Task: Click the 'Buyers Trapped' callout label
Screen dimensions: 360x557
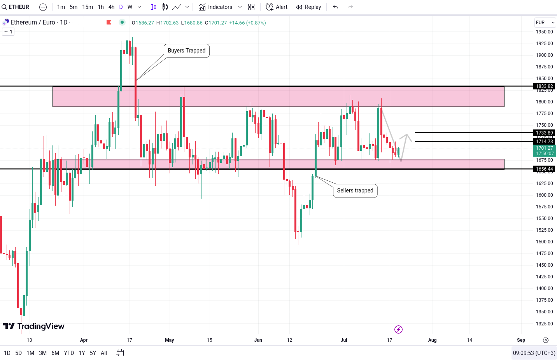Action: pos(187,51)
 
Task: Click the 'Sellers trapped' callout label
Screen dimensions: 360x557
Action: pos(355,190)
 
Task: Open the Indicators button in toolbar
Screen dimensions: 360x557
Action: pos(215,7)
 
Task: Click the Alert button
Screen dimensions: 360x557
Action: pos(277,7)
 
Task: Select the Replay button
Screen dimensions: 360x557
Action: pos(308,7)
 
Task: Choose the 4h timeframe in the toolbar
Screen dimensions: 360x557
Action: pos(111,7)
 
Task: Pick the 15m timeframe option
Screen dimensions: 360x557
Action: pos(88,7)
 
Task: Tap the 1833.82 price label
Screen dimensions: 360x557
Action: pos(544,86)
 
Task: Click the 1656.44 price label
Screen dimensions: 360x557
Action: pos(544,169)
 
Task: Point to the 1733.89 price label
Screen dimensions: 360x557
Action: pos(544,133)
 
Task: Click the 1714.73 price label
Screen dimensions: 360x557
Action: pos(544,142)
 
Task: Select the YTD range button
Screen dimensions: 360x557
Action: pos(69,353)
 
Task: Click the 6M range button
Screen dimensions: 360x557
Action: pos(55,353)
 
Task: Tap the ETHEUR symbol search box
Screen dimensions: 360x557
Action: pos(16,7)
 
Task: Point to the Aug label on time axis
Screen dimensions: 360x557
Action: pos(432,340)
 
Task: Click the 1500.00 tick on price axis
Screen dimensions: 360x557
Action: pos(544,242)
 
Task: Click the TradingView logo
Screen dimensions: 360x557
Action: pos(34,326)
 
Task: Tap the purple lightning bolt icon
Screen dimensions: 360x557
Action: pos(398,330)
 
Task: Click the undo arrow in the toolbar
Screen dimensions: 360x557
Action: pos(335,7)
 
